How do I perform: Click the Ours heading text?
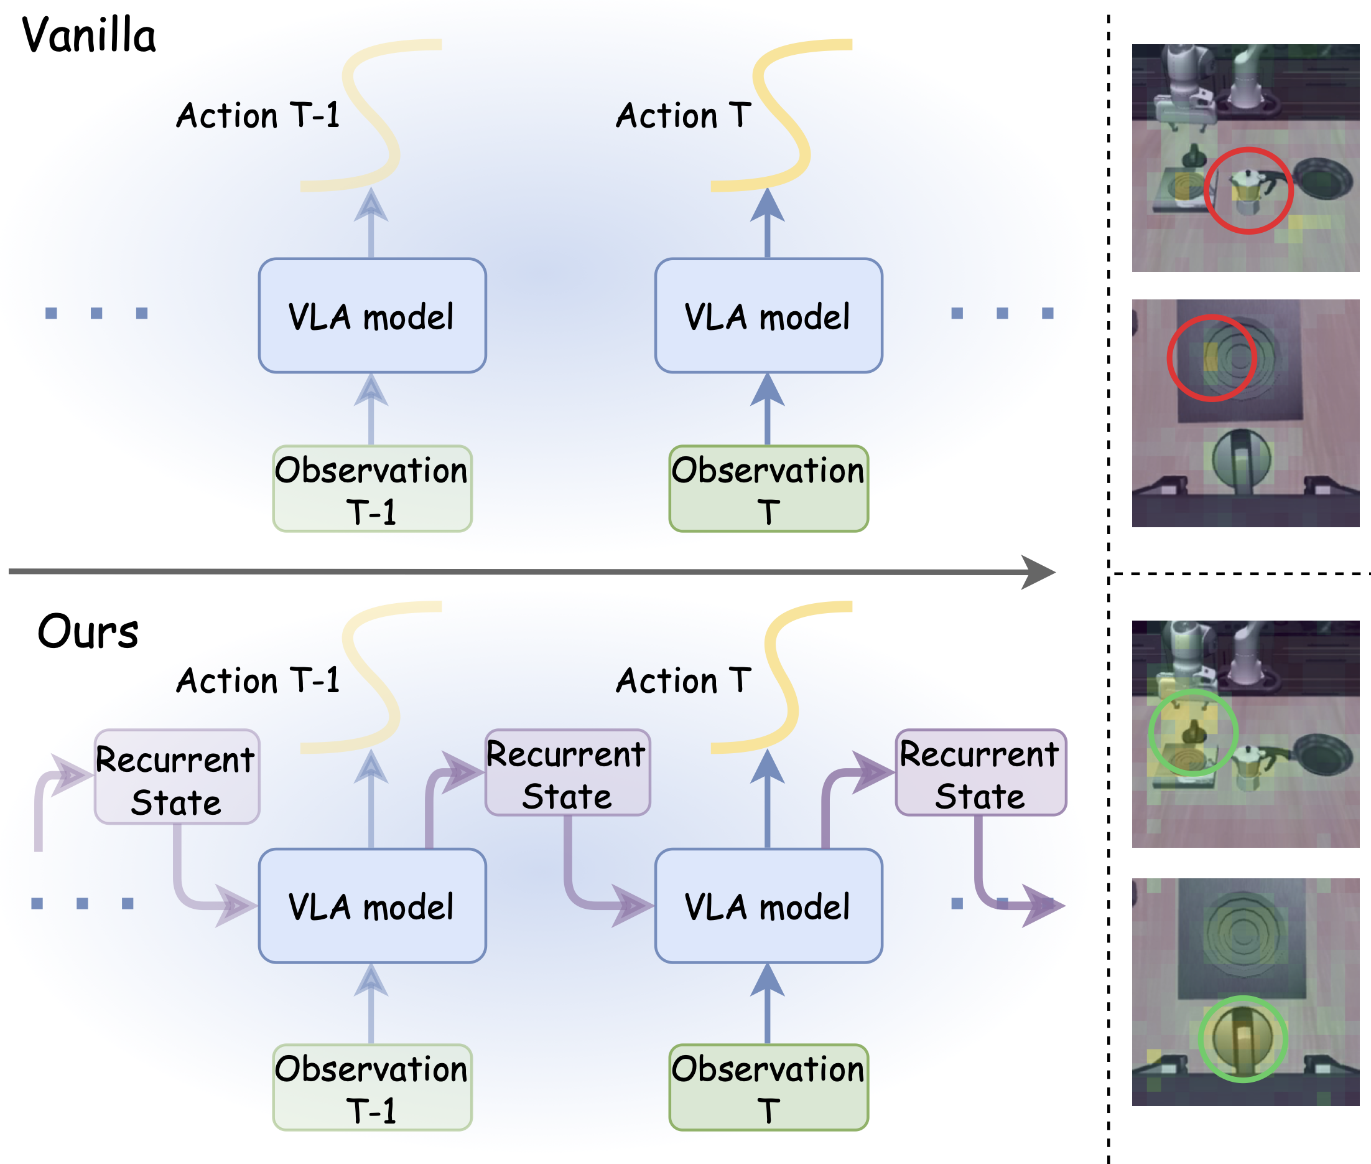pyautogui.click(x=88, y=632)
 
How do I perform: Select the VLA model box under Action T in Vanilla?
pyautogui.click(x=768, y=316)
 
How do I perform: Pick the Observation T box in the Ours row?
pyautogui.click(x=768, y=1087)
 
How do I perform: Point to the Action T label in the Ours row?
pyautogui.click(x=683, y=681)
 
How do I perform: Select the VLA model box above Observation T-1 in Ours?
pyautogui.click(x=372, y=906)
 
